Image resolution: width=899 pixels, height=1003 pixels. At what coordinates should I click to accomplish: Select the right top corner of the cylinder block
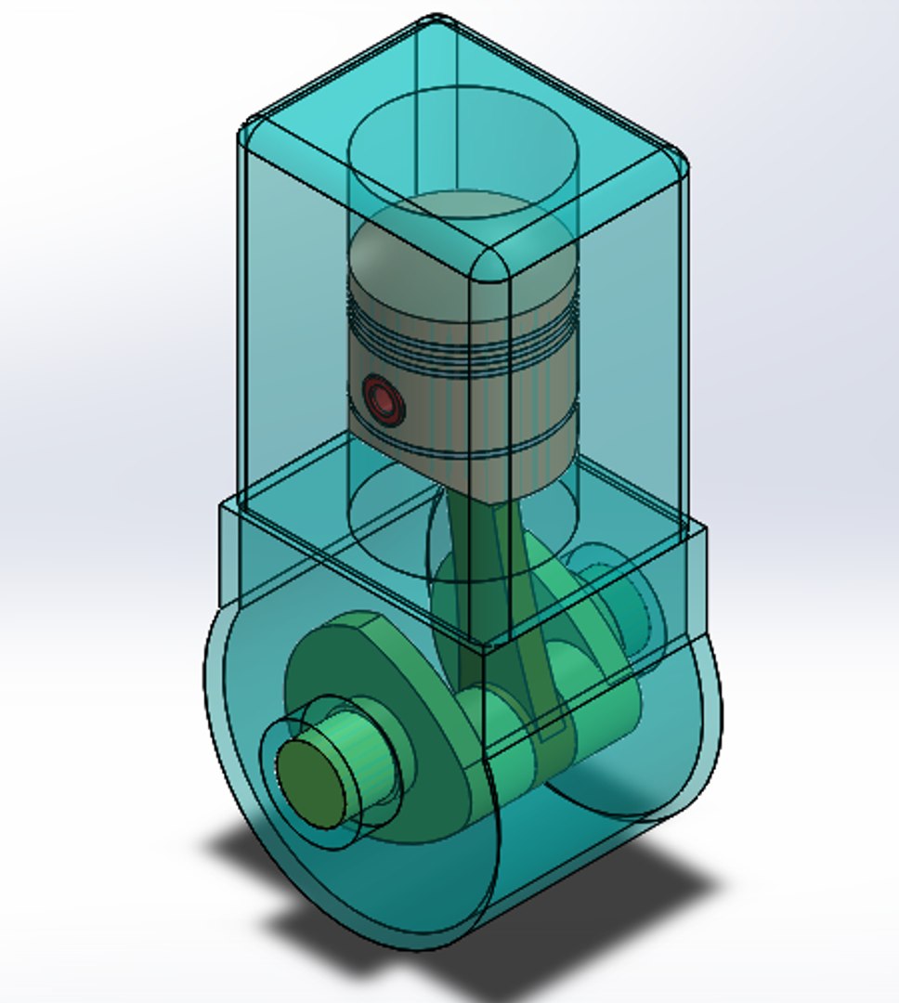(678, 163)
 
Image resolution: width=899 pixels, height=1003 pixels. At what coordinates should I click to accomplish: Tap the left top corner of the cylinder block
(249, 130)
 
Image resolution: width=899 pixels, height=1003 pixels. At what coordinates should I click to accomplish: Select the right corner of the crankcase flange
(701, 534)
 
